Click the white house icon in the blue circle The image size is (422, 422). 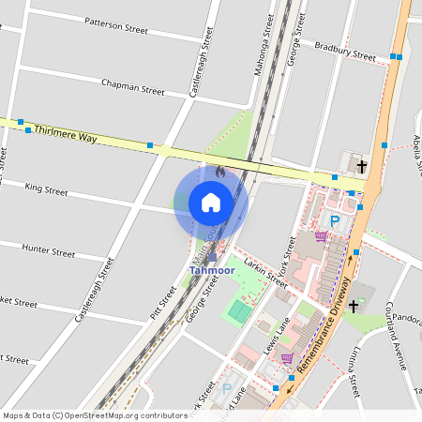click(x=211, y=202)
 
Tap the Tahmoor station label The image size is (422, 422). click(x=211, y=271)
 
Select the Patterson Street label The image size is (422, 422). click(x=116, y=25)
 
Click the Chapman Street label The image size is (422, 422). click(x=132, y=87)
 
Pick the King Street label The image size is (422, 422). click(x=46, y=190)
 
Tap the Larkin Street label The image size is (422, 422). click(x=264, y=269)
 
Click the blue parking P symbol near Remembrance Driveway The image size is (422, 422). click(x=334, y=220)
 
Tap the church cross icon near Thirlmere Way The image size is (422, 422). click(x=362, y=166)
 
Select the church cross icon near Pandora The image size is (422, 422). click(x=354, y=306)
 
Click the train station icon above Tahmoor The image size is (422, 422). click(x=212, y=256)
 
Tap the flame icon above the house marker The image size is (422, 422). click(x=219, y=173)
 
